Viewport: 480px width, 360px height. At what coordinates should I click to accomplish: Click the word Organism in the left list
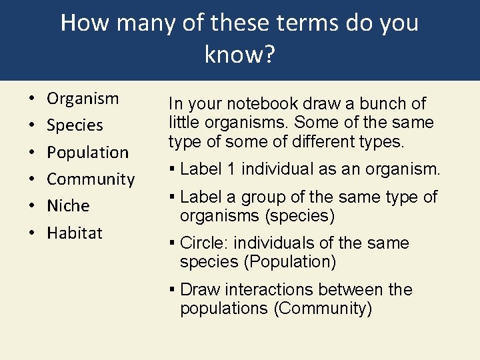[83, 99]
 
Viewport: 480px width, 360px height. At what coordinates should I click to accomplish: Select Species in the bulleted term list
[75, 125]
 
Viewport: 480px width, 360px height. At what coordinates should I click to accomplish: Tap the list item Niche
[68, 205]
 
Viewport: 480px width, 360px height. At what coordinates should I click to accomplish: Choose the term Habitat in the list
[75, 233]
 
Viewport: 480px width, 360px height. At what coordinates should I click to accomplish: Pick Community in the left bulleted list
[91, 179]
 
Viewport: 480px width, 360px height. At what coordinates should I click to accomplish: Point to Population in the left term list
[87, 152]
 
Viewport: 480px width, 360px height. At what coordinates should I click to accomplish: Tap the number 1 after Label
[231, 169]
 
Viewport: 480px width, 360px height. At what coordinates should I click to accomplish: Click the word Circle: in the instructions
[203, 243]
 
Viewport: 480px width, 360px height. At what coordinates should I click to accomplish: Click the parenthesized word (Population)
[290, 262]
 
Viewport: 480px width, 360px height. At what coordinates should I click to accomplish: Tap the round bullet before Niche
[31, 206]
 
